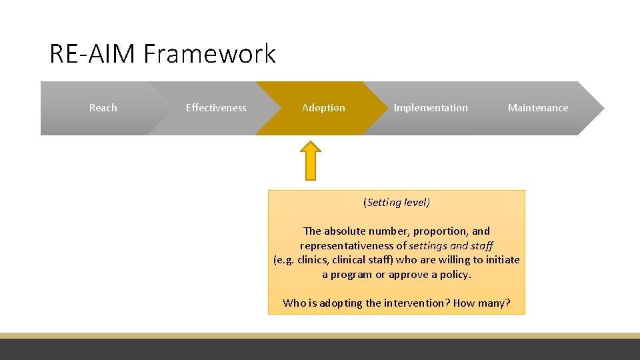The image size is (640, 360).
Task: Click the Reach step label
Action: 103,108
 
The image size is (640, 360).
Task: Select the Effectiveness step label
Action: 216,108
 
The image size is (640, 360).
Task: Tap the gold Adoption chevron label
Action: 323,108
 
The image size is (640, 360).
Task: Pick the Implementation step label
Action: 431,108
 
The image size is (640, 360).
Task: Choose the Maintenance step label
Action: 538,108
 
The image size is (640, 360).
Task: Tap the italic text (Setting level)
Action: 397,202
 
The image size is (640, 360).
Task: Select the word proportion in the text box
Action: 440,231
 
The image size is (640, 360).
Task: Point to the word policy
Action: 455,275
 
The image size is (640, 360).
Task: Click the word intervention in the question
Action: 418,303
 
